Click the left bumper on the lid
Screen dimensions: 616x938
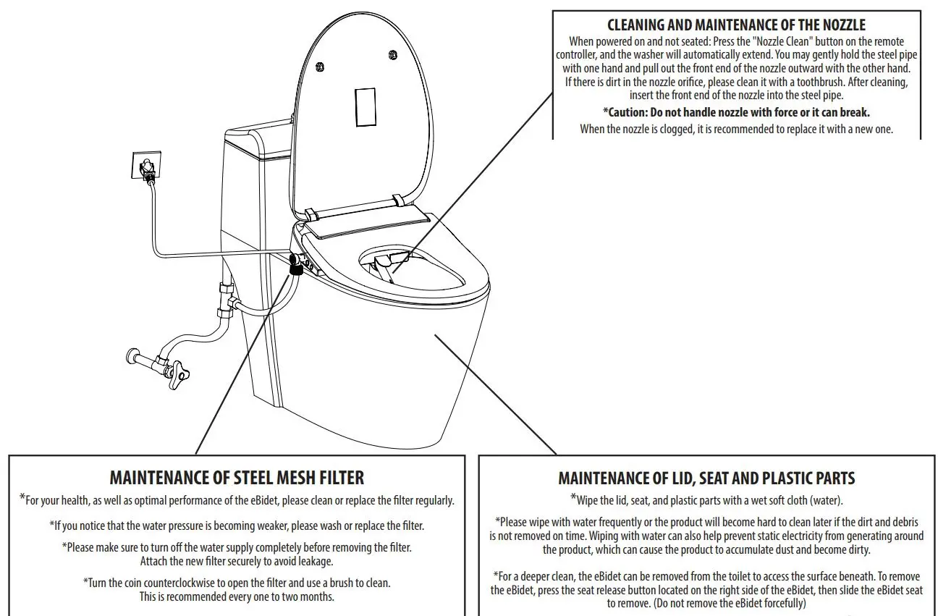pos(319,67)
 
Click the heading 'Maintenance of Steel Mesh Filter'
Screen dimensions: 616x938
pos(237,478)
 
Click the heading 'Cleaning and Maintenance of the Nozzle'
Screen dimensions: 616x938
pos(736,25)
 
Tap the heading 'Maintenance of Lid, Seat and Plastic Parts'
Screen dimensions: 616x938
pos(706,478)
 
